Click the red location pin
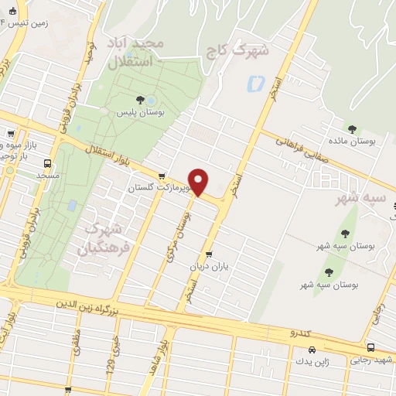tap(199, 182)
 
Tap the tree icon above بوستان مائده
tap(352, 129)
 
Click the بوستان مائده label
tap(352, 142)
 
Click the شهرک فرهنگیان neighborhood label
tap(103, 239)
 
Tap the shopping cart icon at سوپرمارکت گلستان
tap(162, 176)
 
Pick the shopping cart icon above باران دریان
tap(209, 254)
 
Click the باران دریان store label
tap(209, 266)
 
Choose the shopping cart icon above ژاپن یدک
tap(300, 348)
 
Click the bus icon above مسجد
tap(48, 163)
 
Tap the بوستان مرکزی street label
tap(178, 231)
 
